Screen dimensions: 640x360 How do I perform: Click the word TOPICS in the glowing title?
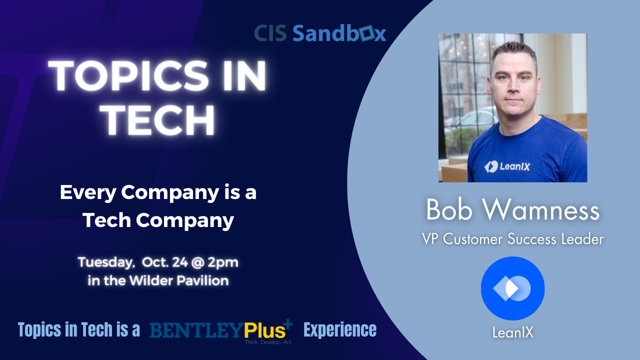(x=128, y=76)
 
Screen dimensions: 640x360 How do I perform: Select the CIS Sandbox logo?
(x=320, y=33)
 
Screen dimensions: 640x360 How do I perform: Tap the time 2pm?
(x=223, y=262)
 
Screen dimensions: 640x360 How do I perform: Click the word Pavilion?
(x=202, y=280)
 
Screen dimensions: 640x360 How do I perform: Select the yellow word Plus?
(x=264, y=330)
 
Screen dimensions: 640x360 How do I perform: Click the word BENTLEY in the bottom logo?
(x=197, y=330)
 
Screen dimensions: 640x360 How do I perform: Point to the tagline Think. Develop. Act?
(x=268, y=342)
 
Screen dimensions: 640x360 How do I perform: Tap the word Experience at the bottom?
(x=340, y=329)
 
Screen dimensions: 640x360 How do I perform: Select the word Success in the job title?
(x=531, y=239)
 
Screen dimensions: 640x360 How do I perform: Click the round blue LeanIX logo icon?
(x=512, y=288)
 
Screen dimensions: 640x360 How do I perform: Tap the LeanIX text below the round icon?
(x=513, y=332)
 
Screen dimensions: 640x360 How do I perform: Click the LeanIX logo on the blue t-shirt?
(x=507, y=166)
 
